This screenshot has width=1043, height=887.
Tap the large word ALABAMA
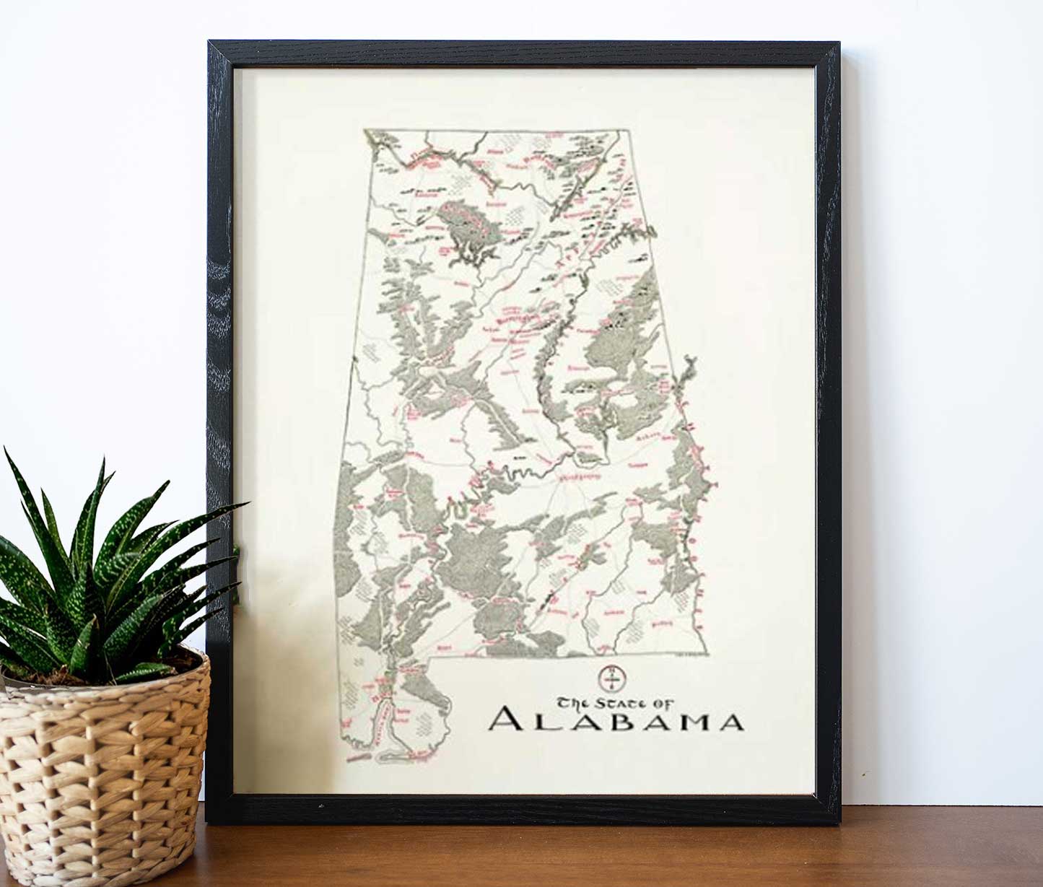[x=616, y=721]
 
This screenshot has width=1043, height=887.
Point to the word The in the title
[x=573, y=702]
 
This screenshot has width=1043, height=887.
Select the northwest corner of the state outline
[x=366, y=131]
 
